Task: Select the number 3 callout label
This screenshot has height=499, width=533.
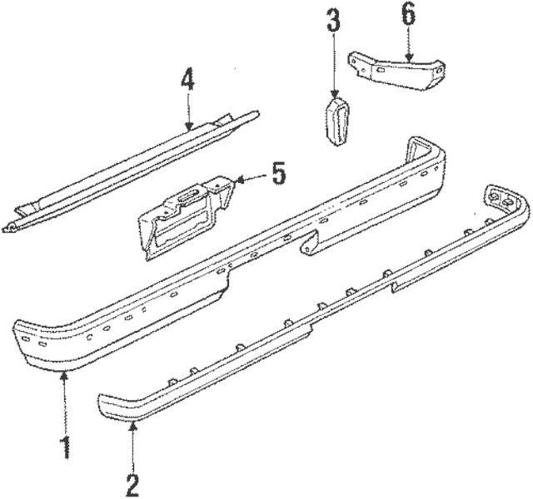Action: pyautogui.click(x=333, y=22)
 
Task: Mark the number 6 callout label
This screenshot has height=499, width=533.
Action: pyautogui.click(x=408, y=14)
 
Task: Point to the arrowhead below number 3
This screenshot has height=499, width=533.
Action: pyautogui.click(x=333, y=95)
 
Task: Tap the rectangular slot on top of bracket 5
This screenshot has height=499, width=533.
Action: pyautogui.click(x=188, y=199)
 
